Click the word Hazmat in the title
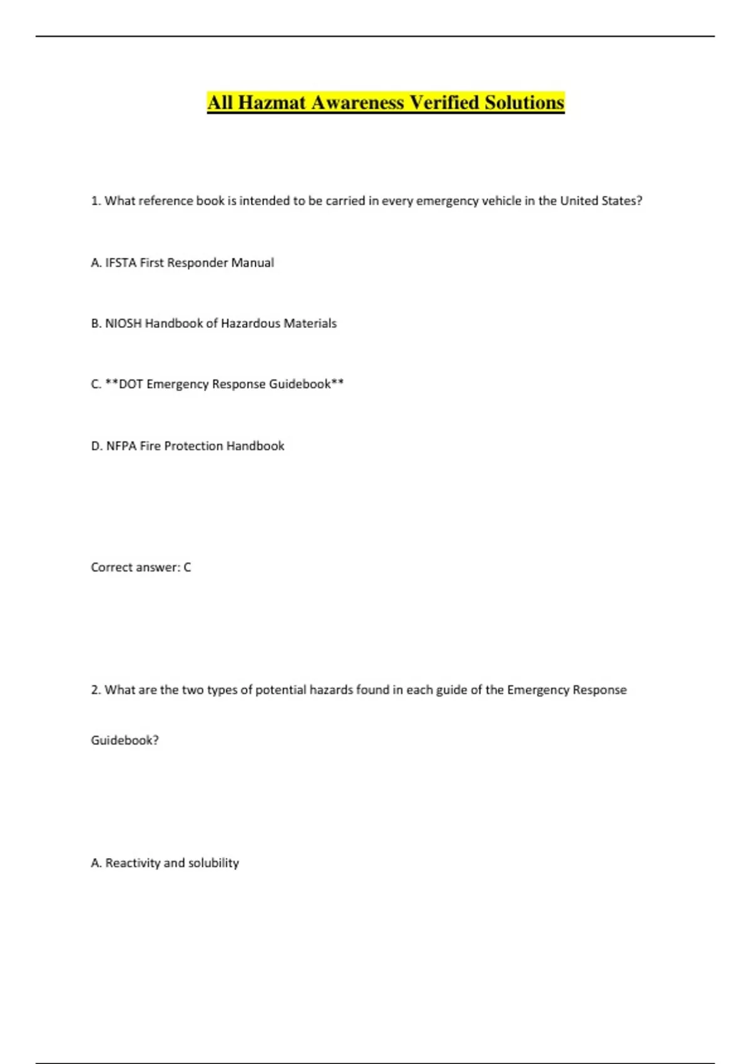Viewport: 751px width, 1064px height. [272, 103]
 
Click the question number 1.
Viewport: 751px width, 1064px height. [96, 201]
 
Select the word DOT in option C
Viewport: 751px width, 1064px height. [131, 384]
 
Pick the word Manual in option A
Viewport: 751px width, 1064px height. [253, 263]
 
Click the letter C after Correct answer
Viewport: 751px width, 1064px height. [187, 568]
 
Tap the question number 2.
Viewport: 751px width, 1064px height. [96, 690]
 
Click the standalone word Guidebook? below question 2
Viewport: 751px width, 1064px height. [125, 740]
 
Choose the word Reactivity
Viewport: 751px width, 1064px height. [133, 863]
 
